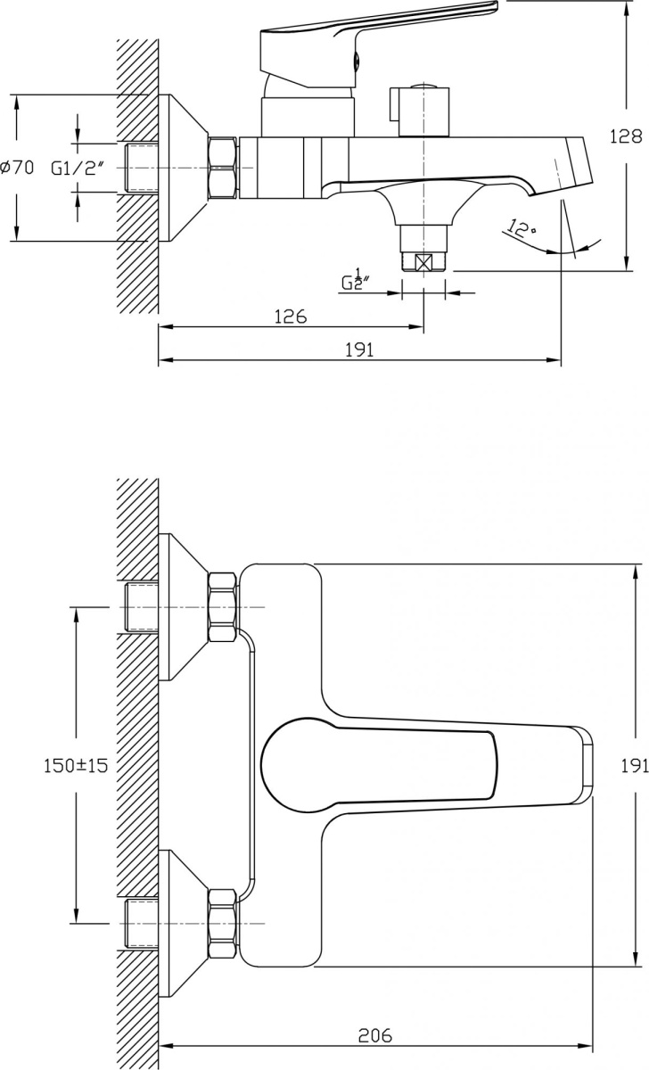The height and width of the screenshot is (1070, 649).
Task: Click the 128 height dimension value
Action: tap(626, 137)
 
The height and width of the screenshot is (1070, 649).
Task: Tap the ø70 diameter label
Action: tap(17, 167)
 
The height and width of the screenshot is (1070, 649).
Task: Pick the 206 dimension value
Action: tap(375, 1035)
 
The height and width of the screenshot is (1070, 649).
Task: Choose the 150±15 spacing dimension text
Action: tap(76, 765)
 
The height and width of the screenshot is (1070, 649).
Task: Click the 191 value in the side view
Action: tap(358, 350)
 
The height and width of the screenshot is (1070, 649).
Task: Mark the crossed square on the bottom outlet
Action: tap(424, 262)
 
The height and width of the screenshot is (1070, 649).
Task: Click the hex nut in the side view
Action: tap(222, 167)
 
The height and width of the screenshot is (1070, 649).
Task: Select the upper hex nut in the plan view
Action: tap(222, 607)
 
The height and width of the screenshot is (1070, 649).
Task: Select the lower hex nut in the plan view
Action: tap(222, 922)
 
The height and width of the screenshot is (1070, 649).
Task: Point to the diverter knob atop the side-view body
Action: tap(419, 112)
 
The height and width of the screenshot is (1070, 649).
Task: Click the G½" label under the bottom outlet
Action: tap(356, 282)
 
